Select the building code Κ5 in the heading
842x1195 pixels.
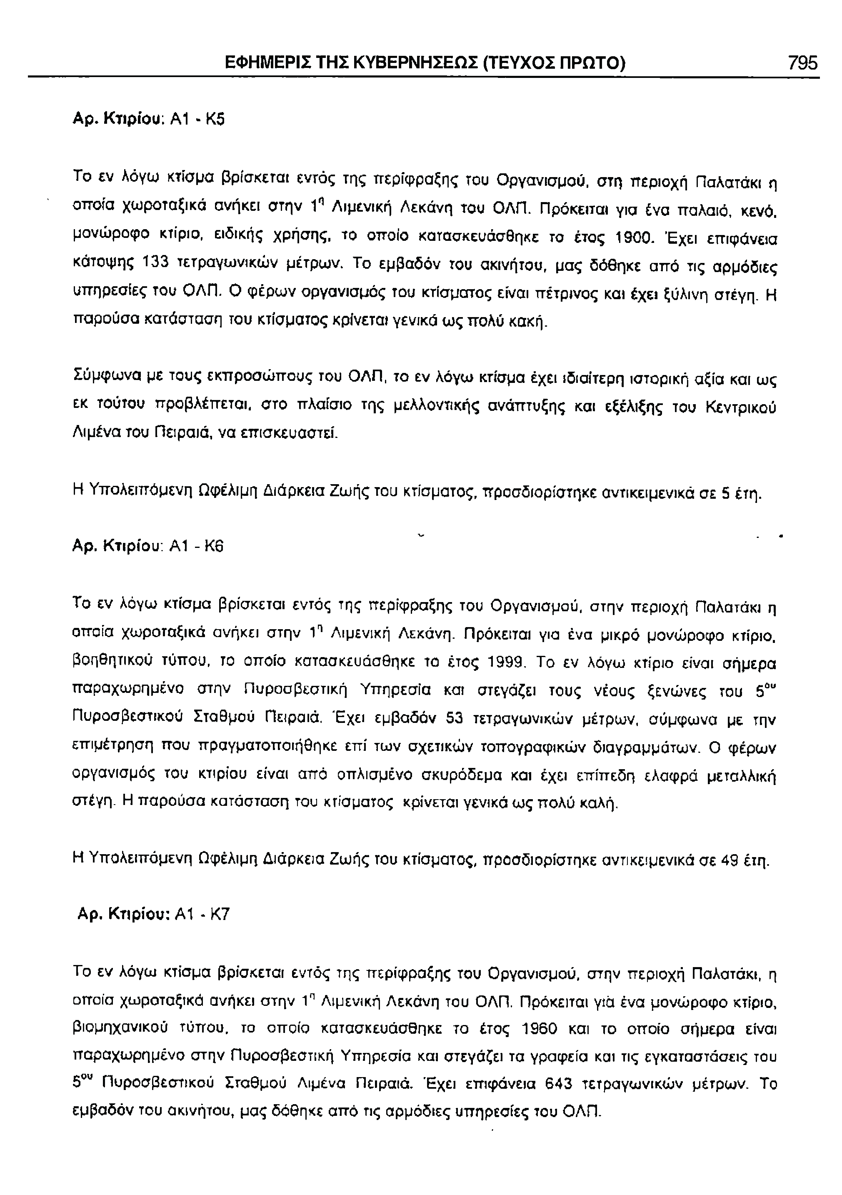[x=215, y=120]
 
